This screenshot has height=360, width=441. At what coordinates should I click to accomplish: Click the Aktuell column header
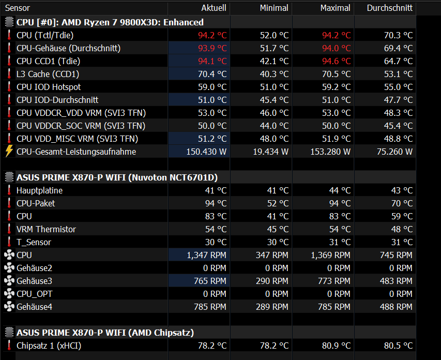[214, 8]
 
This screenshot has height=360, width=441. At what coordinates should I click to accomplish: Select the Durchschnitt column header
[389, 8]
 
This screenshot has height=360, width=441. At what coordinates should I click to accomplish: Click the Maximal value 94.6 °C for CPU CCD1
[337, 61]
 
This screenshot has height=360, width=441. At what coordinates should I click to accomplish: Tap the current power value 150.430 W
[206, 152]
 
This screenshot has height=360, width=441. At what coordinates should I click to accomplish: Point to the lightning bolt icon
[9, 151]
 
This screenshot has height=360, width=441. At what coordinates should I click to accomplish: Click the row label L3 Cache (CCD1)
[48, 74]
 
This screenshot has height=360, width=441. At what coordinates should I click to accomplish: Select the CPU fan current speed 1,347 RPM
[206, 256]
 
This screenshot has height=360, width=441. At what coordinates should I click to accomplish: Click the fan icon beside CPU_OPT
[9, 294]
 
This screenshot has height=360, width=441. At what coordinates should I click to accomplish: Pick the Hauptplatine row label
[39, 190]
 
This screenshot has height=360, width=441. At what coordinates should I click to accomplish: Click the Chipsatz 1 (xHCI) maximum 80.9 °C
[337, 346]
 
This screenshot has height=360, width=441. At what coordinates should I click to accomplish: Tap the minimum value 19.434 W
[270, 152]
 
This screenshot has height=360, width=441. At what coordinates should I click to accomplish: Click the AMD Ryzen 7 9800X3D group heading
[110, 22]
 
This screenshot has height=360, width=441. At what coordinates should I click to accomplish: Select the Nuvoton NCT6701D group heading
[117, 177]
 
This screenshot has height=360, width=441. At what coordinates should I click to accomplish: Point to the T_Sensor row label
[34, 243]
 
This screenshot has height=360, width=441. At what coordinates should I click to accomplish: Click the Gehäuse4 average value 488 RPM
[396, 307]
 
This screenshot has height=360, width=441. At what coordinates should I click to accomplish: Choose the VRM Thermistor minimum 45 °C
[278, 230]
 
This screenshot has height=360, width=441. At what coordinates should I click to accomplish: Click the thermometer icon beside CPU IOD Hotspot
[9, 87]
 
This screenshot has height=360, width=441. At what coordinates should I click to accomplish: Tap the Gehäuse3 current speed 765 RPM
[210, 281]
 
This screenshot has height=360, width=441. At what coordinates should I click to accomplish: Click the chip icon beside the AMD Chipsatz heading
[9, 333]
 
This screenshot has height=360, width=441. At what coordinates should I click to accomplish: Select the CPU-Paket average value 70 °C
[402, 203]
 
